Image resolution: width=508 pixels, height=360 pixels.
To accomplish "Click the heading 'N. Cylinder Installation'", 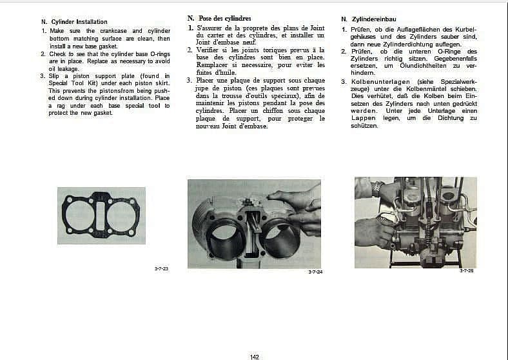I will point(74,22).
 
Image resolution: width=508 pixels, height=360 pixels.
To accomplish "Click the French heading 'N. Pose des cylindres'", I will point(219,18).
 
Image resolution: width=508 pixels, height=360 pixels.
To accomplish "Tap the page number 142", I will point(255,356).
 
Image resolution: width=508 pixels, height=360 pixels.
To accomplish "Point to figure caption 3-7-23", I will point(161,268).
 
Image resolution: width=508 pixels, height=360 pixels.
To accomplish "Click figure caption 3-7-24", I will point(315,272).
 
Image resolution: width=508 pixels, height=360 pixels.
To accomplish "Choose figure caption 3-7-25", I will point(467,271).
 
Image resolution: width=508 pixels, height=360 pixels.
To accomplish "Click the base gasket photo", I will point(101,215).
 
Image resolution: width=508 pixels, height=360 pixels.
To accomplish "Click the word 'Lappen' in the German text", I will point(364,118).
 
